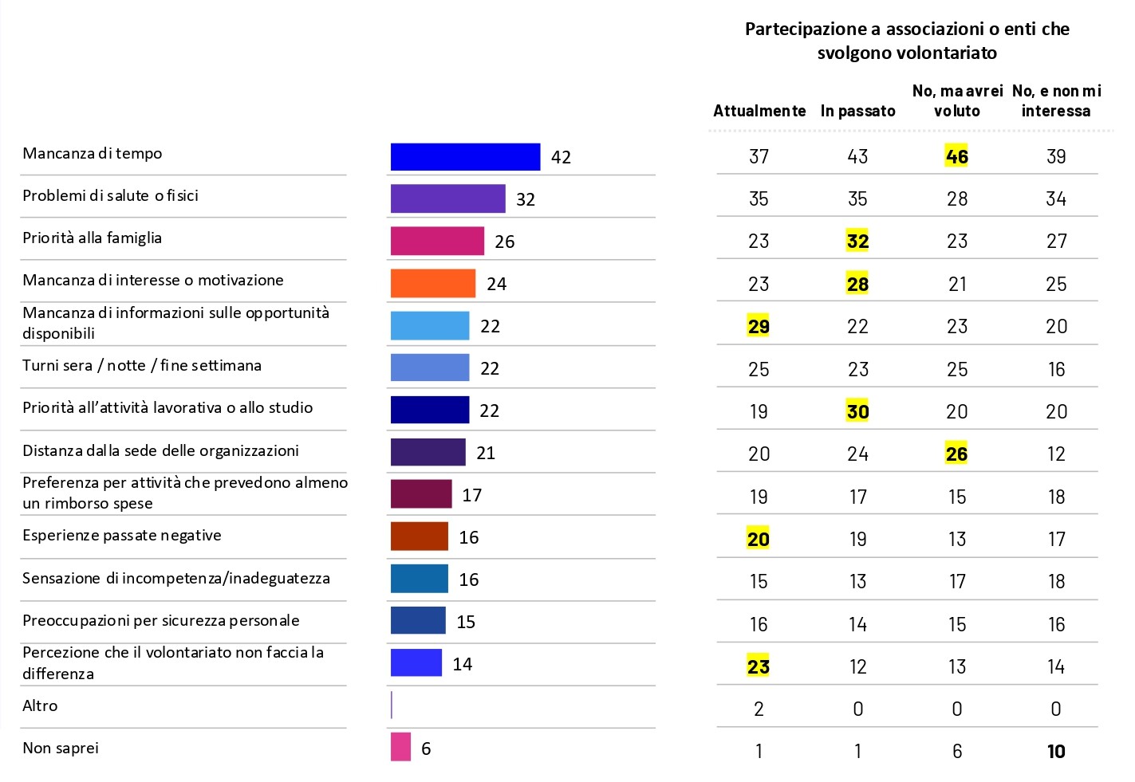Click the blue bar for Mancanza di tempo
pos(465,157)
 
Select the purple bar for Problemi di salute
pos(447,199)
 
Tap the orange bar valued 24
pos(432,284)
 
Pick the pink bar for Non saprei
pos(400,748)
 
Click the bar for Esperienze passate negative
pos(419,536)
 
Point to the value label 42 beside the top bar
pos(561,158)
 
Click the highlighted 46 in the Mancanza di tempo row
pos(956,156)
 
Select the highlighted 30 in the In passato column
pos(857,411)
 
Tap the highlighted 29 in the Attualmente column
pos(759,326)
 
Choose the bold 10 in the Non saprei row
pos(1056,751)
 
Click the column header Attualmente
pos(759,111)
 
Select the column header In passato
pos(857,111)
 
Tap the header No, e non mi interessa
pos(1056,101)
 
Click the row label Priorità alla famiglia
pos(92,238)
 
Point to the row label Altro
pos(40,705)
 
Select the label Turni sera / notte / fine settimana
pos(141,365)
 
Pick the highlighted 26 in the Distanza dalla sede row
pos(956,454)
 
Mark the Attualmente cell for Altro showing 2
pos(759,709)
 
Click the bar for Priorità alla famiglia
pos(437,242)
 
